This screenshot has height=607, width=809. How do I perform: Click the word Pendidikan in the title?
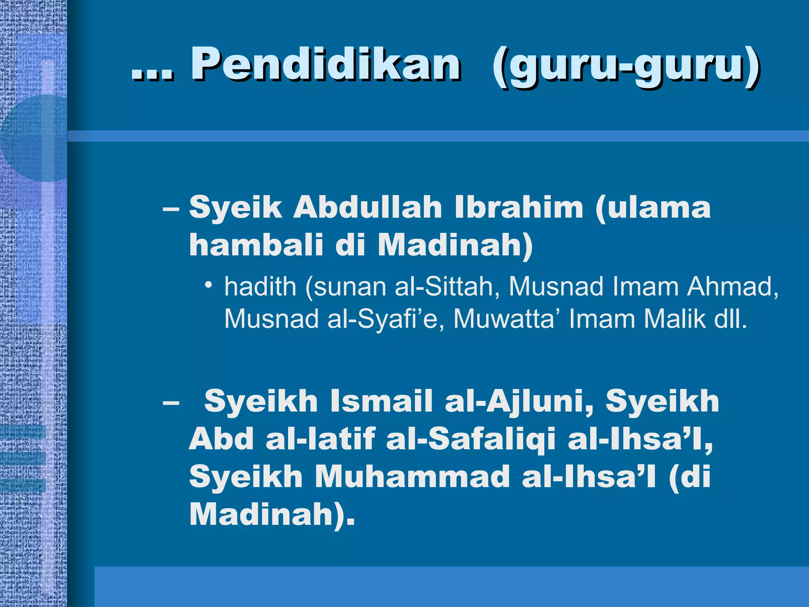click(x=325, y=64)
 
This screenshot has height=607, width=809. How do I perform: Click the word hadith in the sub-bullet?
click(x=260, y=287)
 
